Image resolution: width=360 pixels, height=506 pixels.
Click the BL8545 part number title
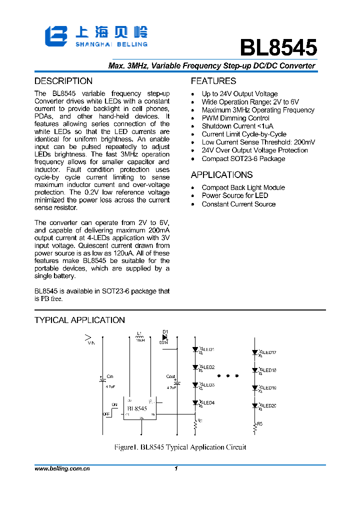pyautogui.click(x=278, y=48)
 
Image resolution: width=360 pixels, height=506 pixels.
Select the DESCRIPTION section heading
pyautogui.click(x=63, y=81)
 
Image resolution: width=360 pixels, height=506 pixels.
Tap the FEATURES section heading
pyautogui.click(x=213, y=81)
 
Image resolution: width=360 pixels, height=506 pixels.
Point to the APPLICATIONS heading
pyautogui.click(x=221, y=175)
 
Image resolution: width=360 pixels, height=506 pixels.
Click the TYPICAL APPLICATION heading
pyautogui.click(x=79, y=320)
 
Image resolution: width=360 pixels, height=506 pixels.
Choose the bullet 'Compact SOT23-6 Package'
pyautogui.click(x=243, y=158)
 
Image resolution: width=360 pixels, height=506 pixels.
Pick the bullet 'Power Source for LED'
pyautogui.click(x=235, y=195)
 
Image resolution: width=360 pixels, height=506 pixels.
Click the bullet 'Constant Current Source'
pyautogui.click(x=238, y=204)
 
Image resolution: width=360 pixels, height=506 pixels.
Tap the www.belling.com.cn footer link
pyautogui.click(x=62, y=469)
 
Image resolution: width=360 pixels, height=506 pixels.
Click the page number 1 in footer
pyautogui.click(x=176, y=469)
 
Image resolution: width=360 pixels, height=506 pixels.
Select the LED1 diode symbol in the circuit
pyautogui.click(x=195, y=349)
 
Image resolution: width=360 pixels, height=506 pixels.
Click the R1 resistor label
pyautogui.click(x=200, y=420)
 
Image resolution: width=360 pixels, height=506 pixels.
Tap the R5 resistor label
pyautogui.click(x=260, y=423)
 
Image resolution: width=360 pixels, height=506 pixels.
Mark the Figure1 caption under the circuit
pyautogui.click(x=180, y=447)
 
